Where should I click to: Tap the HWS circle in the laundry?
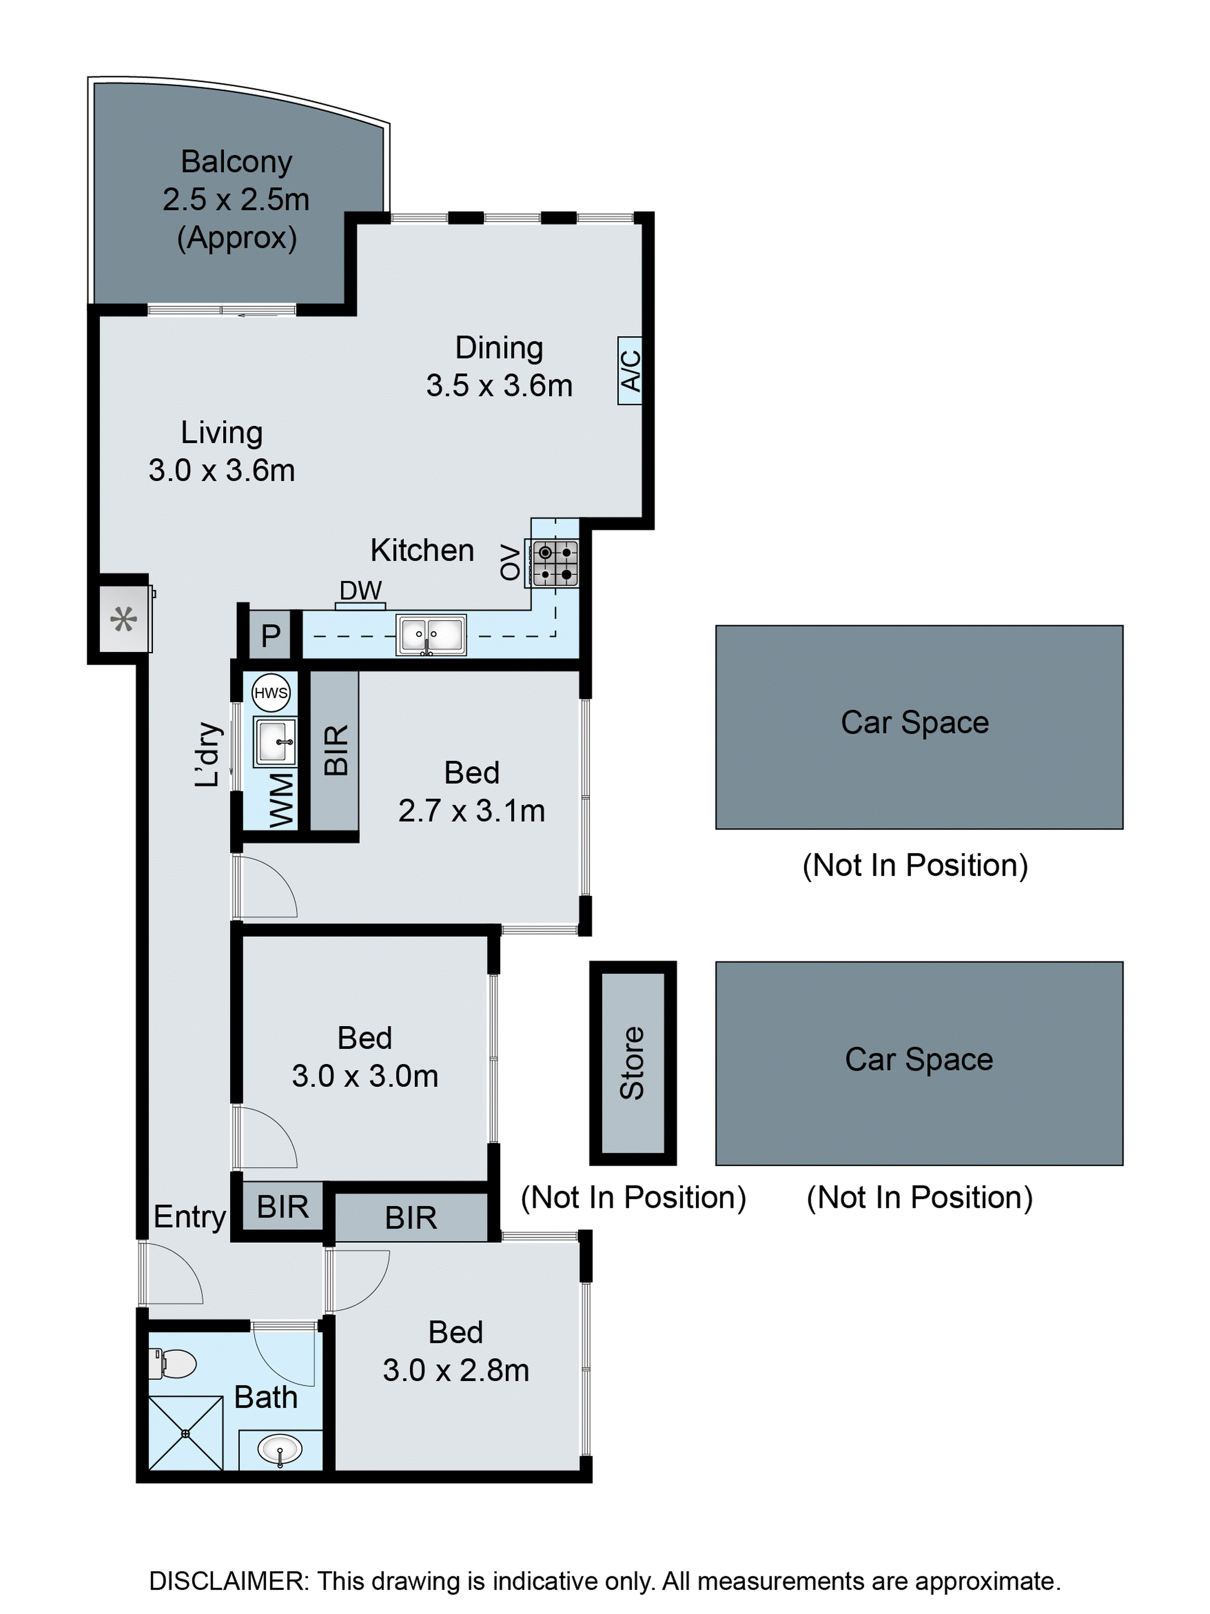[x=271, y=693]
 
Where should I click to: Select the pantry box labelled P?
[x=271, y=635]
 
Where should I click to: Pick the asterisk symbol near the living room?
[x=123, y=620]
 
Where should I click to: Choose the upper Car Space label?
[x=915, y=722]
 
